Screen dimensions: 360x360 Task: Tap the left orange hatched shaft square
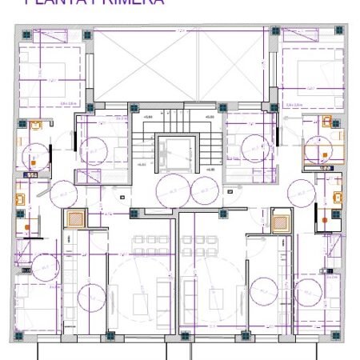click(x=75, y=218)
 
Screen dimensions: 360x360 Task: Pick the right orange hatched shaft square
click(x=280, y=223)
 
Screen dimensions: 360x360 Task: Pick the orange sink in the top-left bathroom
click(x=34, y=125)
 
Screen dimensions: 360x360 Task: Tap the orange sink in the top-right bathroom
click(x=327, y=122)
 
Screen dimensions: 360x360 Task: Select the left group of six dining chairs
click(x=149, y=241)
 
